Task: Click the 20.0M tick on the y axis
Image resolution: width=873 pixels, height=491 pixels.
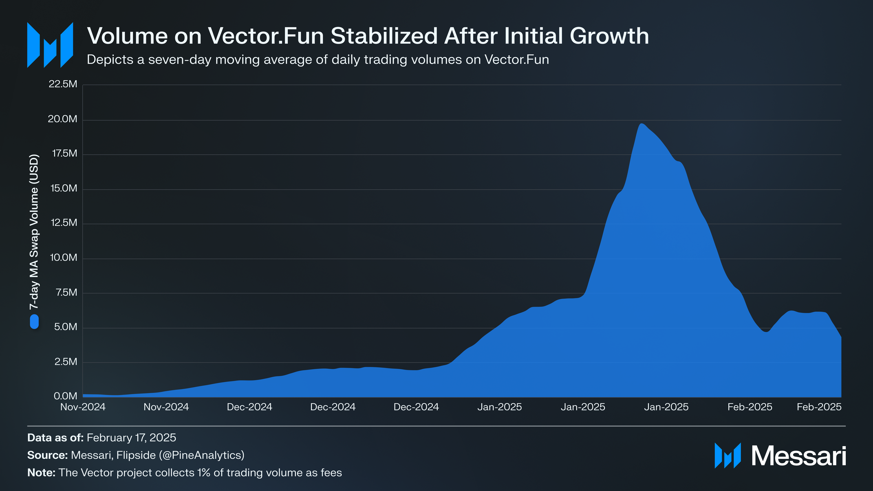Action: (x=62, y=119)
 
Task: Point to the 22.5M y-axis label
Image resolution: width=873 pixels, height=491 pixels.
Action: (x=63, y=84)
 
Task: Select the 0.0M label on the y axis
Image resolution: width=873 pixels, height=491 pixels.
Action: (x=65, y=396)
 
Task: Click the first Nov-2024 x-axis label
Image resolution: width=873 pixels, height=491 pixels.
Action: (x=83, y=407)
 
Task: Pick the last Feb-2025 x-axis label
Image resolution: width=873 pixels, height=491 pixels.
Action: (x=819, y=407)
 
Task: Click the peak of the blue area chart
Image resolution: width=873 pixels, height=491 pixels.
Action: (x=642, y=123)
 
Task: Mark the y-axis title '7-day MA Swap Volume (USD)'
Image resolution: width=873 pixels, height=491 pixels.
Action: (x=34, y=231)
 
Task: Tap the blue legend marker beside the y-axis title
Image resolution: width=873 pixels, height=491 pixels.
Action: (x=34, y=321)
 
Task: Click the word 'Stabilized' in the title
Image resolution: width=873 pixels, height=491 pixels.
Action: (x=384, y=36)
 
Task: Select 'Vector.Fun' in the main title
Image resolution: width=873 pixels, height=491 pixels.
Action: (x=266, y=36)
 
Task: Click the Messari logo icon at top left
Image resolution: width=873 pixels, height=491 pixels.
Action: (x=50, y=45)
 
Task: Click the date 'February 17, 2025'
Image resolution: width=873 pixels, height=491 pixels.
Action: (x=131, y=438)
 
